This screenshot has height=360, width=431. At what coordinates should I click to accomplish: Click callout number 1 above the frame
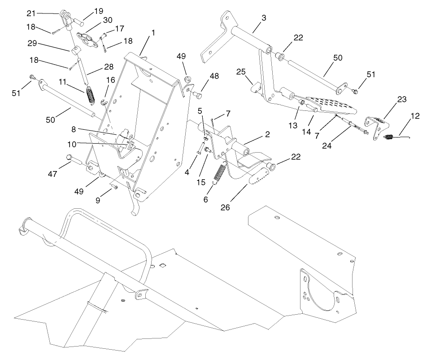point(153,33)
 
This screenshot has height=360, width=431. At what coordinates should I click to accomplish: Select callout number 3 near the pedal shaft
point(264,18)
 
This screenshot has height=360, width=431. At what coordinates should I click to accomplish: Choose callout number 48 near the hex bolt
point(214,76)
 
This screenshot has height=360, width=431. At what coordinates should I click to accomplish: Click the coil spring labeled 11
point(91,95)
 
